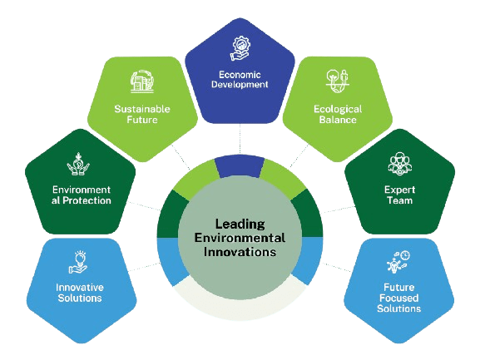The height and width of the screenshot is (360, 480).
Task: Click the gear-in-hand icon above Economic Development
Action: click(240, 48)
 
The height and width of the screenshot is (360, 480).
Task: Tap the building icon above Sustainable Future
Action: click(142, 81)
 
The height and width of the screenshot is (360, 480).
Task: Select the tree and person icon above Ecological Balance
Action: click(338, 81)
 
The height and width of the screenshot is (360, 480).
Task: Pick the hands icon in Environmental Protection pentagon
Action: click(78, 164)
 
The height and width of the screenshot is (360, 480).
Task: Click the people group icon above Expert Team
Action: click(400, 164)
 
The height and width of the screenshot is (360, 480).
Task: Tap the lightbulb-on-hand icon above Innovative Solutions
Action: click(78, 262)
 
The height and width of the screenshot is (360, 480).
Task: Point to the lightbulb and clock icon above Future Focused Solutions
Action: click(398, 262)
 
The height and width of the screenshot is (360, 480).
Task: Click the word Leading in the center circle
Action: click(240, 224)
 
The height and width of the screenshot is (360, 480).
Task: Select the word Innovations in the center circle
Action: click(240, 252)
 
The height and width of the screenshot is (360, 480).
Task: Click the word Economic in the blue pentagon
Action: click(240, 75)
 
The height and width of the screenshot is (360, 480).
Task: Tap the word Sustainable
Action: click(142, 109)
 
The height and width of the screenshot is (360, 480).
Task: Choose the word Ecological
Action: click(338, 109)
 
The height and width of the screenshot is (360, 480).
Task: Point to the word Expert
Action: click(400, 190)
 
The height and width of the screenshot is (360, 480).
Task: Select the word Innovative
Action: click(80, 287)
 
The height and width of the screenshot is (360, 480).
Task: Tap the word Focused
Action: click(398, 298)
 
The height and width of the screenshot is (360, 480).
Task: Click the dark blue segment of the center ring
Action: click(240, 166)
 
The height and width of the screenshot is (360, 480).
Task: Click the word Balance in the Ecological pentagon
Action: click(338, 120)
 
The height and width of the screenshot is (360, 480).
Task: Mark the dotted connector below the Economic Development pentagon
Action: click(240, 139)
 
